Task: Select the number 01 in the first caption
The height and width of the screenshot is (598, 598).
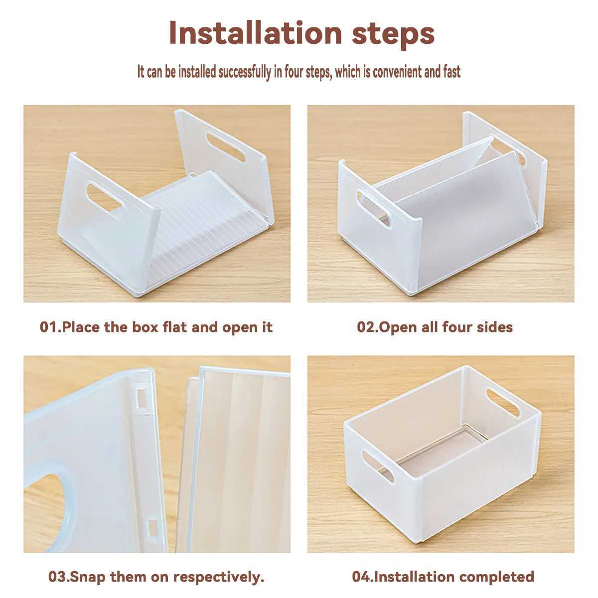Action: [x=49, y=327]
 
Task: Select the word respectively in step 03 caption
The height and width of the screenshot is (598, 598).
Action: [x=221, y=577]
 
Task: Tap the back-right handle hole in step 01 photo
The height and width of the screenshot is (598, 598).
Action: [x=226, y=146]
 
